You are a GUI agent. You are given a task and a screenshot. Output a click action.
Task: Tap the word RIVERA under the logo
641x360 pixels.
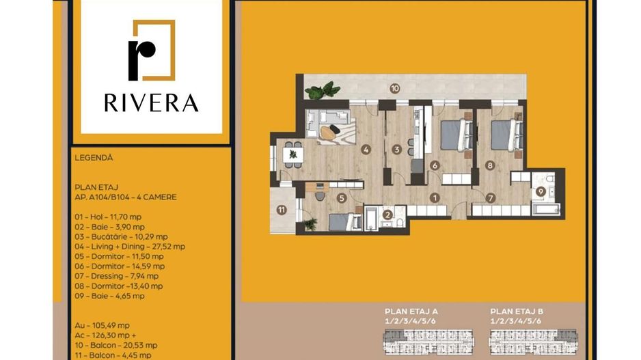click(151, 103)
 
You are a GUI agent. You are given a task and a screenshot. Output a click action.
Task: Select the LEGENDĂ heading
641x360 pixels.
click(94, 158)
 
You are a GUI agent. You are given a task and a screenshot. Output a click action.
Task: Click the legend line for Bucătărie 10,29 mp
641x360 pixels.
click(121, 236)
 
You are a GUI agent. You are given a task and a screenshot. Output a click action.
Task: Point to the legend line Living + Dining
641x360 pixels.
click(130, 247)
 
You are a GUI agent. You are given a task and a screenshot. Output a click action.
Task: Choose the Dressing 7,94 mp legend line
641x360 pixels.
click(115, 276)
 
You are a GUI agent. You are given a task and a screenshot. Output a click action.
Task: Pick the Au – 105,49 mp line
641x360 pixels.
click(103, 325)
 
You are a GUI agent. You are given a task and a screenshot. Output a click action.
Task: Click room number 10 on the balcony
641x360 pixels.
click(394, 88)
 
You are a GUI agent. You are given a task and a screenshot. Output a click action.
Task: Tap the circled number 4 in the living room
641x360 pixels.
click(366, 150)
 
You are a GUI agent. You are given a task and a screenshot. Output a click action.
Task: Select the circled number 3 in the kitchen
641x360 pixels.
click(396, 150)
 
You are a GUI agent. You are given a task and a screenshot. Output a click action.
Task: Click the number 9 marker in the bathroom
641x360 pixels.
click(541, 191)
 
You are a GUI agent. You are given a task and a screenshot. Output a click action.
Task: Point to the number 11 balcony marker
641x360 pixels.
click(282, 210)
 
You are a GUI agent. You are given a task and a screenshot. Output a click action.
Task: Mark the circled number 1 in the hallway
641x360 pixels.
click(435, 198)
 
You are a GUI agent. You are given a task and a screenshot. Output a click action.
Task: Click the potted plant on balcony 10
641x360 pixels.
click(323, 90)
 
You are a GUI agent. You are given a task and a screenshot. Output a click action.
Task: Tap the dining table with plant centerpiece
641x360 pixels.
click(293, 154)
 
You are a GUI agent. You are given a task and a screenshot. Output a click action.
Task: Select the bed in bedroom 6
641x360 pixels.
click(456, 135)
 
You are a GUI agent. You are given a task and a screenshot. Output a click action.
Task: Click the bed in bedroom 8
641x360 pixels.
click(507, 135)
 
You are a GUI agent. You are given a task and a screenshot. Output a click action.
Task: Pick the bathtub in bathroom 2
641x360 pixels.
click(372, 218)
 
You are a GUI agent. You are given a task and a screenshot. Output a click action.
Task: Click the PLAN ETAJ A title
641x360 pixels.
click(411, 311)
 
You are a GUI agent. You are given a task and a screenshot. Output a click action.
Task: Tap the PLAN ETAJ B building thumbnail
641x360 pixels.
click(534, 342)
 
